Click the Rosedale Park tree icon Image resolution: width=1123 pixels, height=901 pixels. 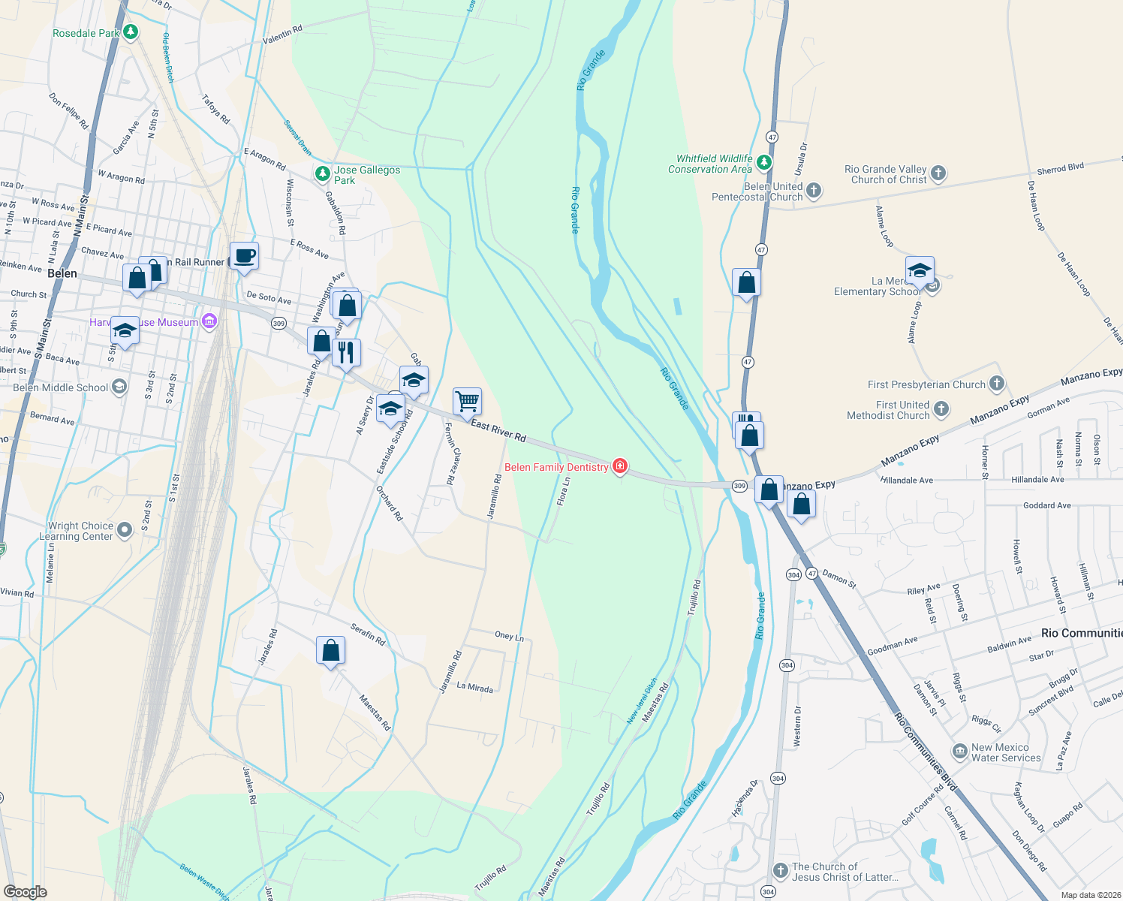tap(131, 32)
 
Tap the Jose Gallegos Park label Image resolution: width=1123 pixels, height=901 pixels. tap(366, 175)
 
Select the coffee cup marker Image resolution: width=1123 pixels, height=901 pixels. tap(244, 256)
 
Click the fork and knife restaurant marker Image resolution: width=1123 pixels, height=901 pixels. tap(346, 352)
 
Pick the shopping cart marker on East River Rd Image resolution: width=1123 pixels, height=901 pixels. tap(467, 401)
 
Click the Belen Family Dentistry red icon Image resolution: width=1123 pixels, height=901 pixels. tap(619, 466)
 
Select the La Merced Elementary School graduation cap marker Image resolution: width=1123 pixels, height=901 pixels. tap(920, 270)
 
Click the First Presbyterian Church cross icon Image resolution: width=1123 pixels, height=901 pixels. tap(996, 384)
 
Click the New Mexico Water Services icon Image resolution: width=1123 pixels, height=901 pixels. tap(959, 752)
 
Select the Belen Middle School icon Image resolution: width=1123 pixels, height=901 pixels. tap(119, 387)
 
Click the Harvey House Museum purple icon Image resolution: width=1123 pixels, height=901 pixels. tap(209, 322)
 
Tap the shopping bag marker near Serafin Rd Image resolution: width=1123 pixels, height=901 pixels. tap(330, 650)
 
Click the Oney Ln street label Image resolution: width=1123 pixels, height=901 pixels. tap(509, 636)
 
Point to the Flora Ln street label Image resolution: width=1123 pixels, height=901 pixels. tap(564, 492)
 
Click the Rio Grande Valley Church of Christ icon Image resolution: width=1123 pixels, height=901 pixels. tap(938, 174)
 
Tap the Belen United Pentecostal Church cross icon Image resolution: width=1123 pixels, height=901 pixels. tap(814, 191)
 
